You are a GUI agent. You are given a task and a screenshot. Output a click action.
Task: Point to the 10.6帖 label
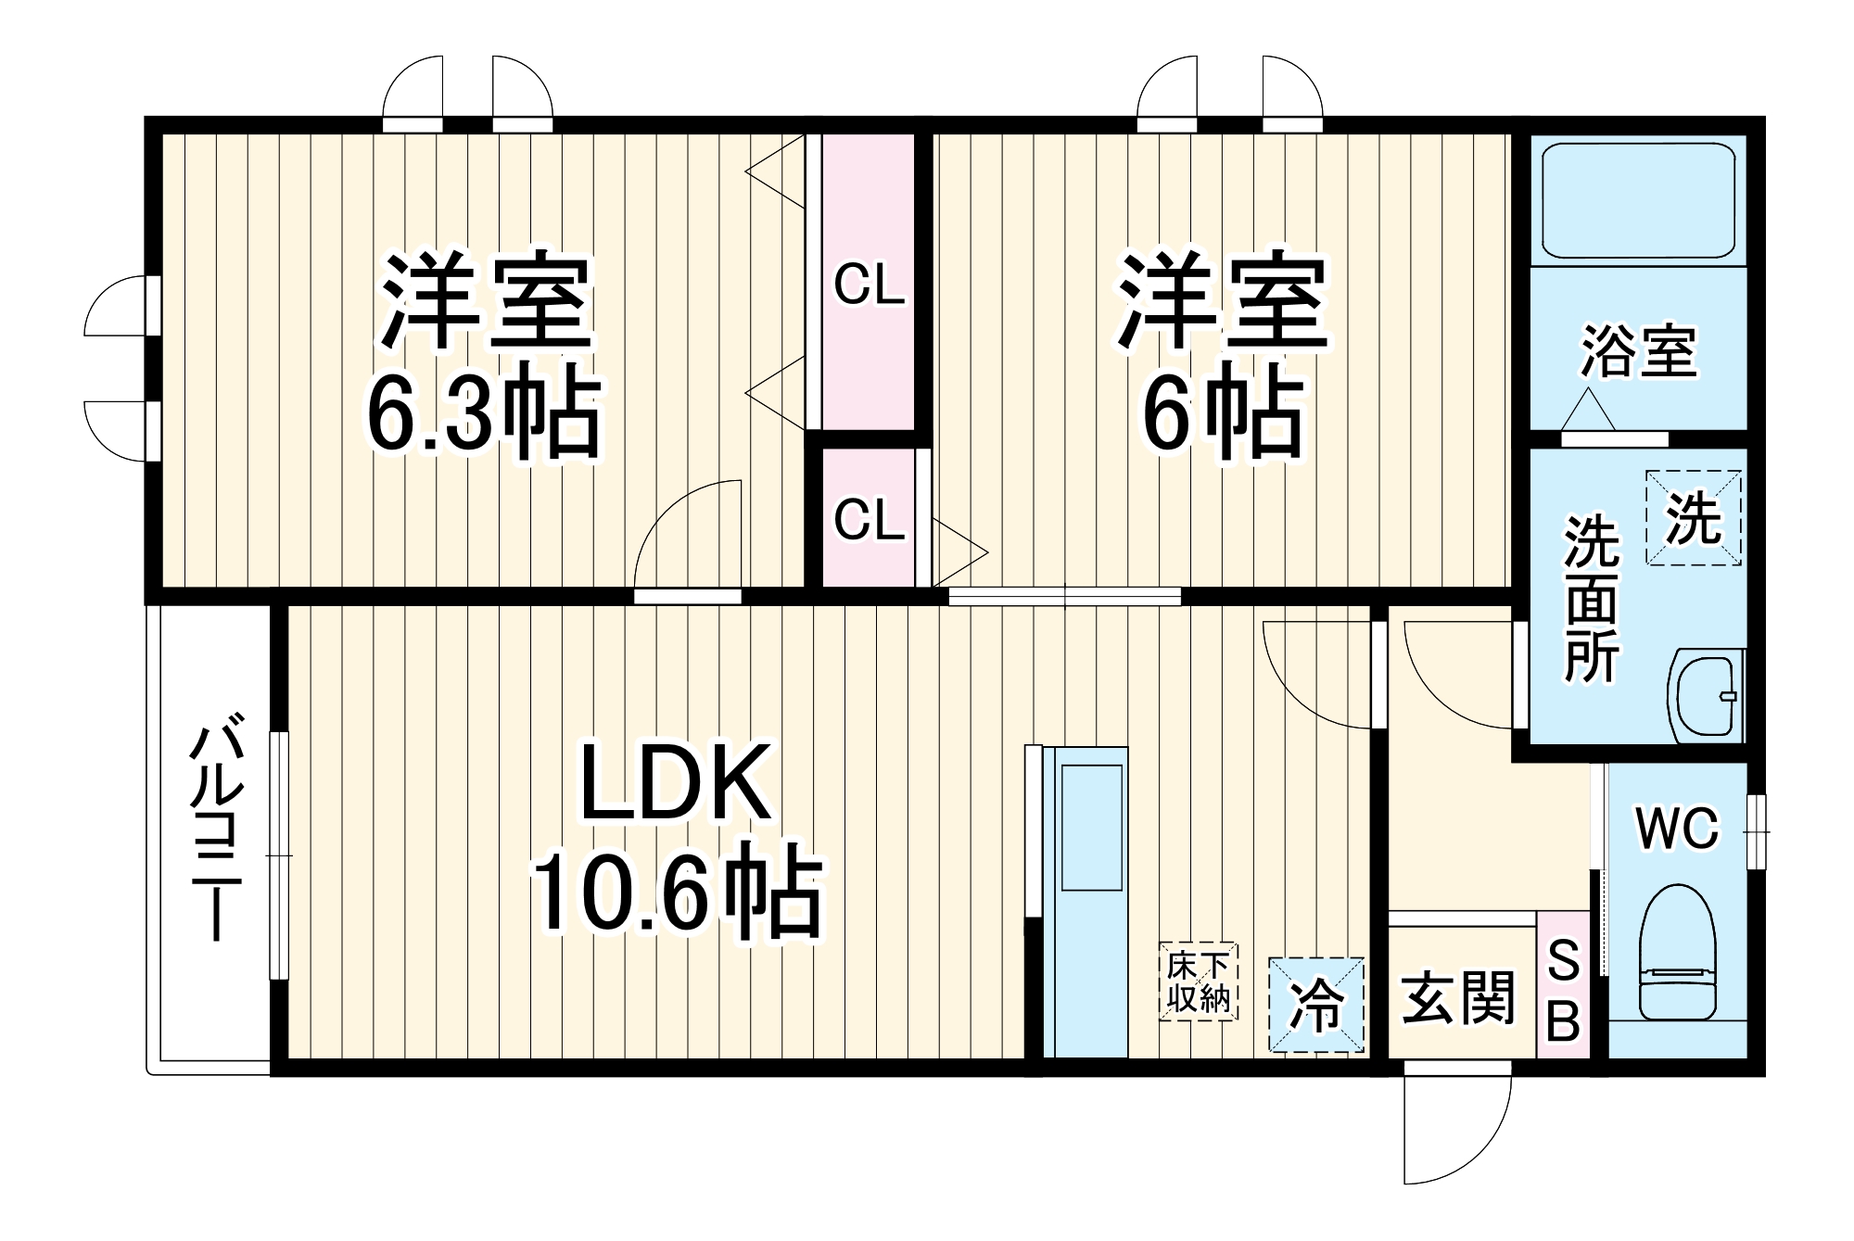click(x=677, y=893)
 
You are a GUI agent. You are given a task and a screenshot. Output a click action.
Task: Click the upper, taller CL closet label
click(x=869, y=285)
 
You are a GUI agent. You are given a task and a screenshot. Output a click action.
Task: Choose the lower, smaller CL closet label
click(x=869, y=521)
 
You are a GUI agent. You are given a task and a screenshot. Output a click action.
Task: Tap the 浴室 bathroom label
click(x=1638, y=352)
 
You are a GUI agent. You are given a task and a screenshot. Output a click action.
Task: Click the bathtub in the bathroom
click(x=1638, y=198)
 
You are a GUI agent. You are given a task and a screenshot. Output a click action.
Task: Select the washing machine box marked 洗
click(x=1693, y=518)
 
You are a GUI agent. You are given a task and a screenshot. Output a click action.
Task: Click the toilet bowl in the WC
click(x=1678, y=950)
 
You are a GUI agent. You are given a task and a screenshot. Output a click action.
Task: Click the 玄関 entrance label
click(x=1457, y=998)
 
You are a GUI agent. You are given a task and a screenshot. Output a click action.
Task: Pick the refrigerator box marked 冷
click(x=1316, y=1005)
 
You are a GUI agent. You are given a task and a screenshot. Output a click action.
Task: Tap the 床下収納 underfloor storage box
click(x=1198, y=982)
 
